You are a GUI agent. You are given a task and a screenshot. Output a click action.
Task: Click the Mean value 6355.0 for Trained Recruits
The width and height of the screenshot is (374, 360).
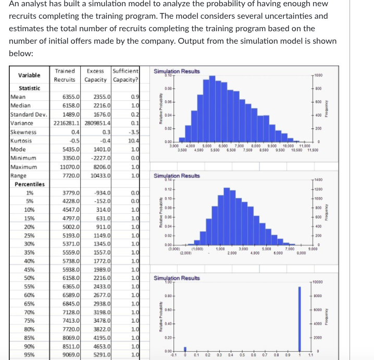[71, 97]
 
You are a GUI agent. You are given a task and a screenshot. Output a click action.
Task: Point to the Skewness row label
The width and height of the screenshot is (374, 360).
[22, 132]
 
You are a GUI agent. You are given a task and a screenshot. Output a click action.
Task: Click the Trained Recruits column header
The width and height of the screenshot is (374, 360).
[65, 75]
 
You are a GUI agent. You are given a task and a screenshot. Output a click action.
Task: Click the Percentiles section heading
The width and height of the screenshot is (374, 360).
[29, 184]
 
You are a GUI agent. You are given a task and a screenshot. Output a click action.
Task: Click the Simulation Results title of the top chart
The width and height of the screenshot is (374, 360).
[176, 71]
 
